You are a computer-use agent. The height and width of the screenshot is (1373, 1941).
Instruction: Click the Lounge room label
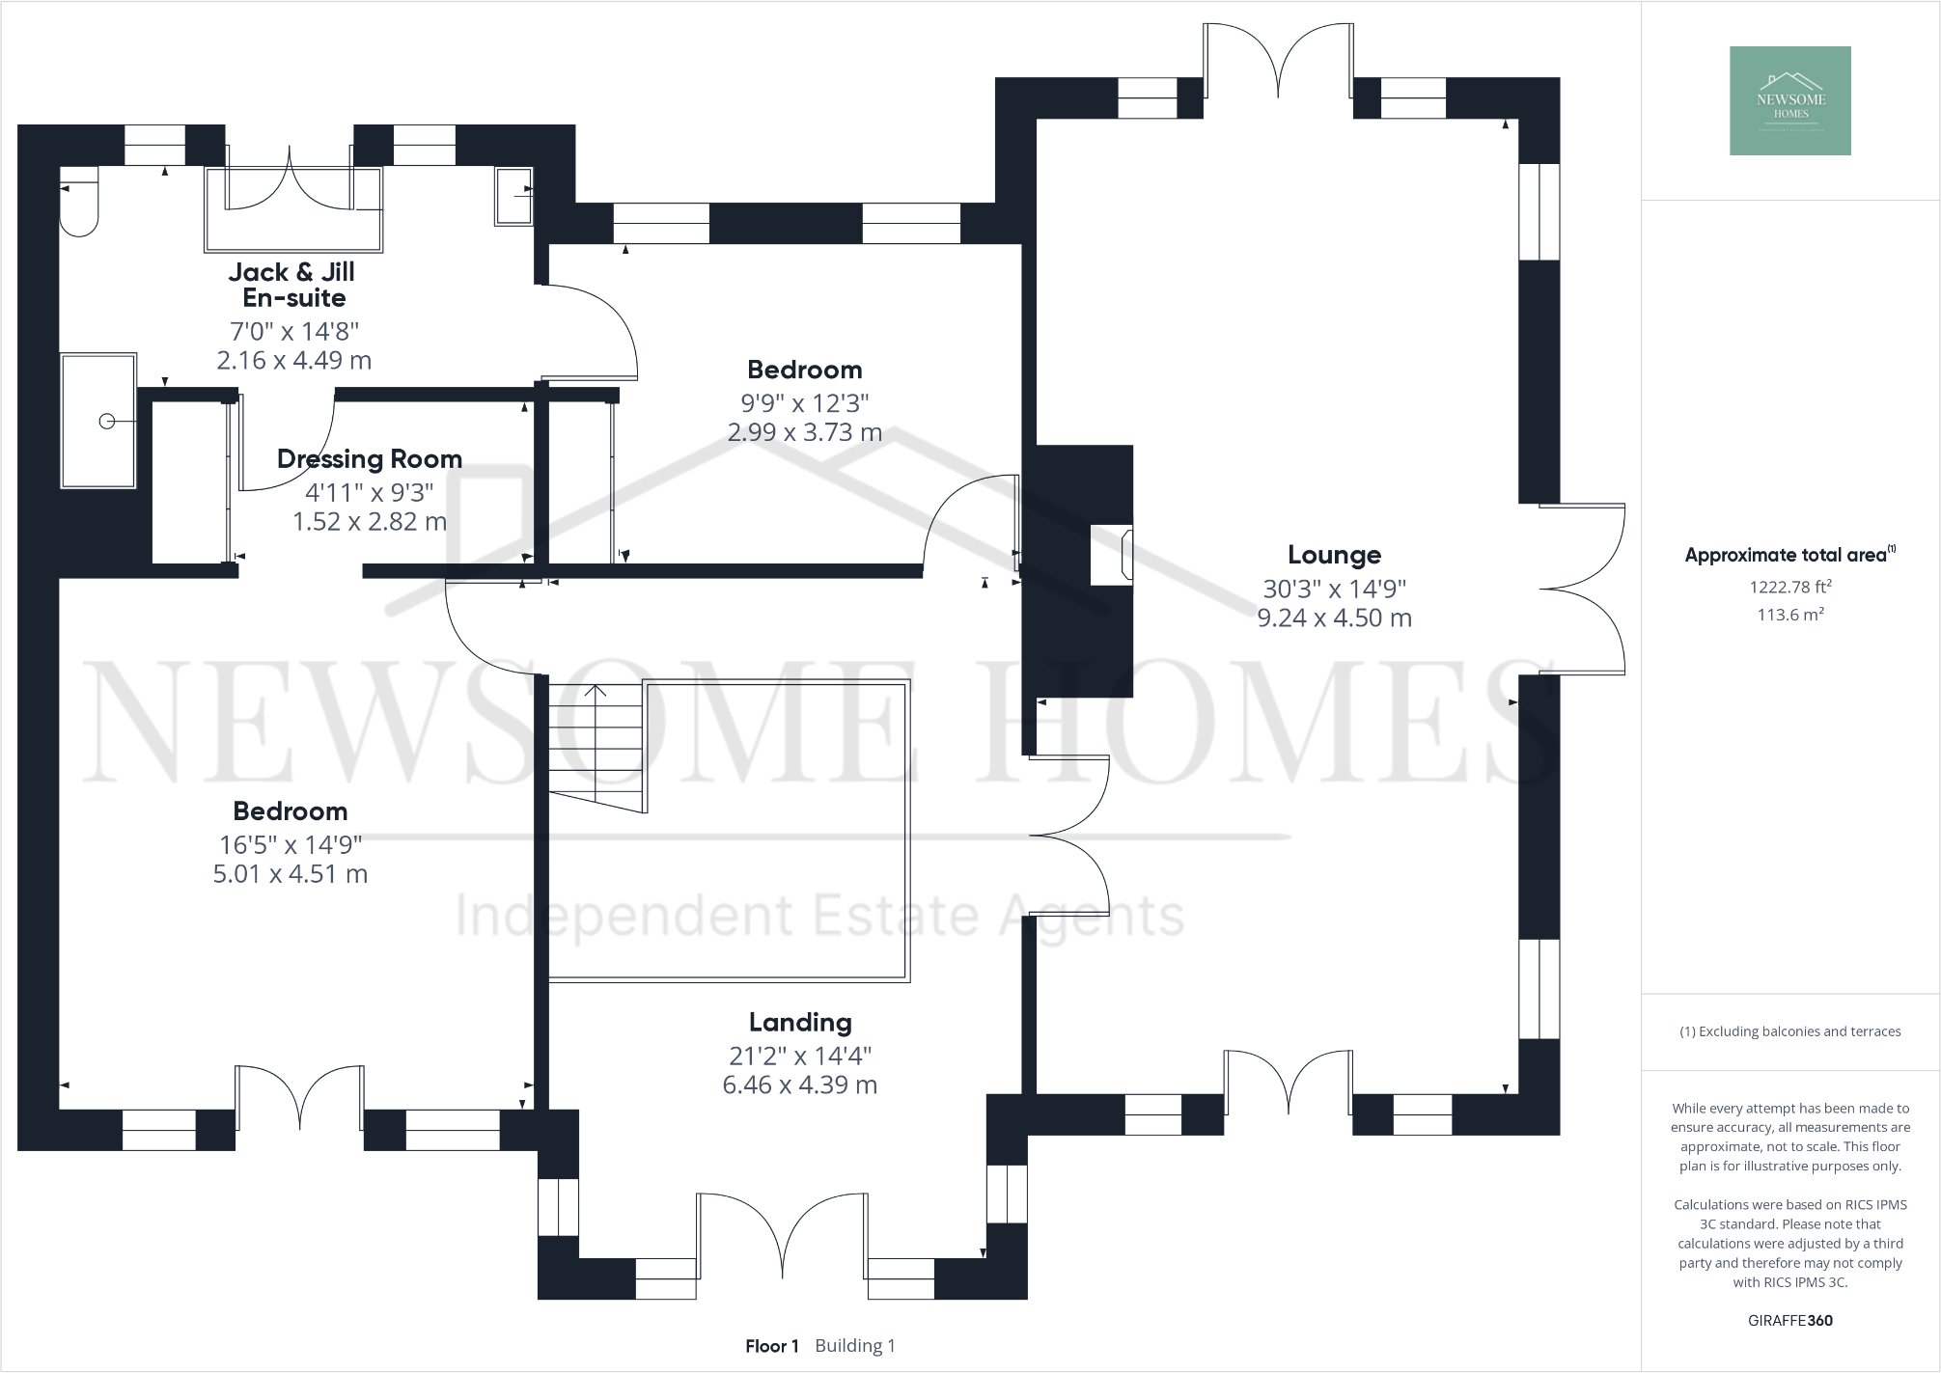point(1334,555)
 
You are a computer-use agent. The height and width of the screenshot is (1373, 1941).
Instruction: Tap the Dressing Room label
point(369,458)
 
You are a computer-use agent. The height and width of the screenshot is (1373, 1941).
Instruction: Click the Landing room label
point(800,1022)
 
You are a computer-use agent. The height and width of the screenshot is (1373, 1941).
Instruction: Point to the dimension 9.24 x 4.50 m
point(1334,618)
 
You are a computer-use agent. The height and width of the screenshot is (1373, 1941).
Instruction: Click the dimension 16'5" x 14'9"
point(290,844)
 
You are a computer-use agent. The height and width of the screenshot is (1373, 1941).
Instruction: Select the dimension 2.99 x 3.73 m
point(804,432)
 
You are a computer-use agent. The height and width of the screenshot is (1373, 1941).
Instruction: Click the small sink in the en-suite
point(513,196)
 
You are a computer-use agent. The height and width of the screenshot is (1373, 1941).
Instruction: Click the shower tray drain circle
point(107,421)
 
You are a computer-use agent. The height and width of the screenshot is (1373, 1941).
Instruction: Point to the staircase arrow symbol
point(596,691)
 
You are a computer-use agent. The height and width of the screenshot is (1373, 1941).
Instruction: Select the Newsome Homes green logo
point(1789,100)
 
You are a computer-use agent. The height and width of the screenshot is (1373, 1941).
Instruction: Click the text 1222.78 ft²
point(1789,586)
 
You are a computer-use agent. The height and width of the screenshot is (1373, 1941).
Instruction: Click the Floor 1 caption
point(771,1345)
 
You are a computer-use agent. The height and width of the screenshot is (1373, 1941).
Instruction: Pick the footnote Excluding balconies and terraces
point(1789,1031)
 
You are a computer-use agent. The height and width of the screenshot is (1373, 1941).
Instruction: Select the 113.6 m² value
point(1789,615)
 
